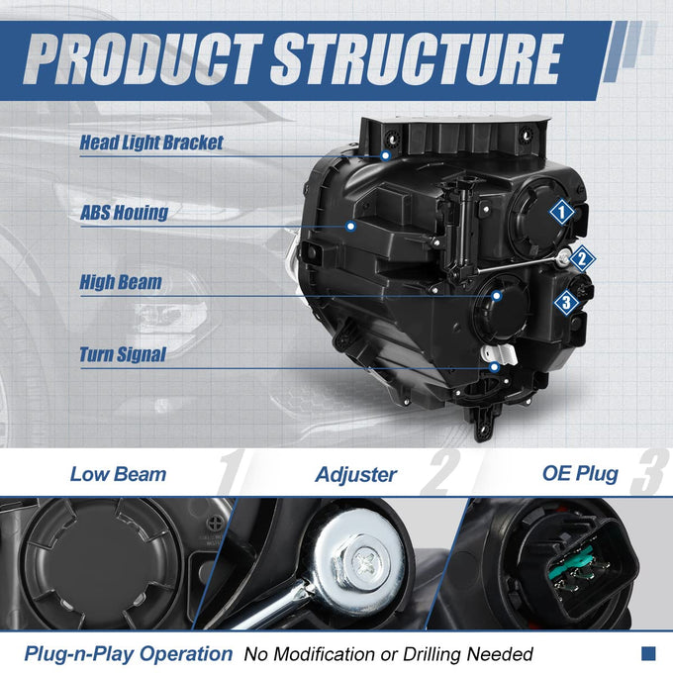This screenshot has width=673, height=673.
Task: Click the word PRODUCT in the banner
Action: [143, 59]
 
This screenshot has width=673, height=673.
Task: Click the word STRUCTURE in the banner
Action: [417, 59]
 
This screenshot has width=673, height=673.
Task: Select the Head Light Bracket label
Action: [151, 143]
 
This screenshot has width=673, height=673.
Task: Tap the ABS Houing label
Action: [124, 213]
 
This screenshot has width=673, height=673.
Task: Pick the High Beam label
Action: [121, 282]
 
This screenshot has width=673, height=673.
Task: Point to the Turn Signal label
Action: [123, 354]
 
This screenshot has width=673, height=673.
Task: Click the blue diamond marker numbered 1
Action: [562, 212]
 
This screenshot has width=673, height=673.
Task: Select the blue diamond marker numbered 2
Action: [582, 259]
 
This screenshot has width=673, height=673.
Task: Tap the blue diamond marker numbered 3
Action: [566, 303]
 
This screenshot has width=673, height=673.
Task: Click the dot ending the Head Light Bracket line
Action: [385, 155]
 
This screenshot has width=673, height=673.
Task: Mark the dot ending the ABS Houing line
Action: [350, 226]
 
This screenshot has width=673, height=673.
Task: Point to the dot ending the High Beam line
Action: [497, 296]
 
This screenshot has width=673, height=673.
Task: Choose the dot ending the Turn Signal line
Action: [495, 367]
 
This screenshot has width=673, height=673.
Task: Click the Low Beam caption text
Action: [118, 474]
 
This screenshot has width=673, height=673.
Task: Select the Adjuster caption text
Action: [356, 475]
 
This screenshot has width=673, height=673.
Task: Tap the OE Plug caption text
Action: [580, 474]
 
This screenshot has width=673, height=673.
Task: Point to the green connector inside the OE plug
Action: [572, 566]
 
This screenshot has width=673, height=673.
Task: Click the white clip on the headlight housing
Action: [499, 354]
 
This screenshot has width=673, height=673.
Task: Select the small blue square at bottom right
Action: [648, 653]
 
